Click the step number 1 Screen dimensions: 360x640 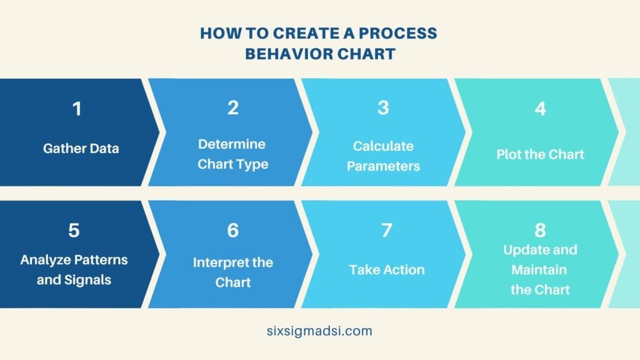pyautogui.click(x=76, y=109)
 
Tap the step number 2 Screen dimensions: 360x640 pyautogui.click(x=233, y=108)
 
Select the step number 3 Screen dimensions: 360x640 pyautogui.click(x=383, y=108)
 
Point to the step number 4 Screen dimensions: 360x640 pyautogui.click(x=540, y=109)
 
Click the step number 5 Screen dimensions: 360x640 pyautogui.click(x=74, y=231)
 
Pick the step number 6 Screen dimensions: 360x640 pyautogui.click(x=233, y=231)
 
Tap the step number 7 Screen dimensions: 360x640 pyautogui.click(x=387, y=231)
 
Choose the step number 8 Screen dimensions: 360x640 pyautogui.click(x=540, y=231)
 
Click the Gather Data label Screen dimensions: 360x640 pyautogui.click(x=81, y=149)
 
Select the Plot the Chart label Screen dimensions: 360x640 pyautogui.click(x=540, y=154)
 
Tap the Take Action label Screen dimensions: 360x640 pyautogui.click(x=387, y=270)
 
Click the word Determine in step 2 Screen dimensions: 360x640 pyautogui.click(x=232, y=144)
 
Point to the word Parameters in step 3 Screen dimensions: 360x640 pyautogui.click(x=383, y=166)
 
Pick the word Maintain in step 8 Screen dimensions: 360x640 pyautogui.click(x=539, y=270)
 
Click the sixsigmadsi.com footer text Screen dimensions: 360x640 pyautogui.click(x=319, y=331)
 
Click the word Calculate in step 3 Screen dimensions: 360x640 pyautogui.click(x=383, y=146)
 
